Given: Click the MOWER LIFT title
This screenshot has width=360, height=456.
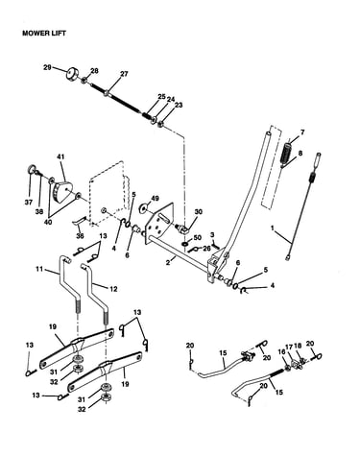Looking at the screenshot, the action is (44, 34).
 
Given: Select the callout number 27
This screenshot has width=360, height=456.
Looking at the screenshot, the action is (124, 74).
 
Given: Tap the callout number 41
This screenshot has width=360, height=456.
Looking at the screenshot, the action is (60, 156).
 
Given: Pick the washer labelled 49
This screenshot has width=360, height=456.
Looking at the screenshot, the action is (143, 209).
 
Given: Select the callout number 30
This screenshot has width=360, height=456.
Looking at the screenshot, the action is (199, 211).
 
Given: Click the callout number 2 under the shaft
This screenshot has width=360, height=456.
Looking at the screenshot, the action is (167, 262).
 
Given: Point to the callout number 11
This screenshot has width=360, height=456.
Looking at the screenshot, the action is (39, 269).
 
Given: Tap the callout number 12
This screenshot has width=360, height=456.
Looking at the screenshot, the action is (113, 289).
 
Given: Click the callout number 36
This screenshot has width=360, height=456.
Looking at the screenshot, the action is (80, 236).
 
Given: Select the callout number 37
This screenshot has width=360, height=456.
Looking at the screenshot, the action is (29, 202).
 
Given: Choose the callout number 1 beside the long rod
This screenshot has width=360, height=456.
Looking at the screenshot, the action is (273, 228).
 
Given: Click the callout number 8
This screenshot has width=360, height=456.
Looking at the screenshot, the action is (300, 153).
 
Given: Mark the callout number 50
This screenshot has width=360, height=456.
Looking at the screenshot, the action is (198, 237).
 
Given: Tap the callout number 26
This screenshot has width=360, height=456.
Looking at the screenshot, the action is (206, 249).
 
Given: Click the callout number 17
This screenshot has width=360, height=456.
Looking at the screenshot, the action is (289, 346).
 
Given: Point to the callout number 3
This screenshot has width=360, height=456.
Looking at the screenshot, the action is (212, 235).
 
